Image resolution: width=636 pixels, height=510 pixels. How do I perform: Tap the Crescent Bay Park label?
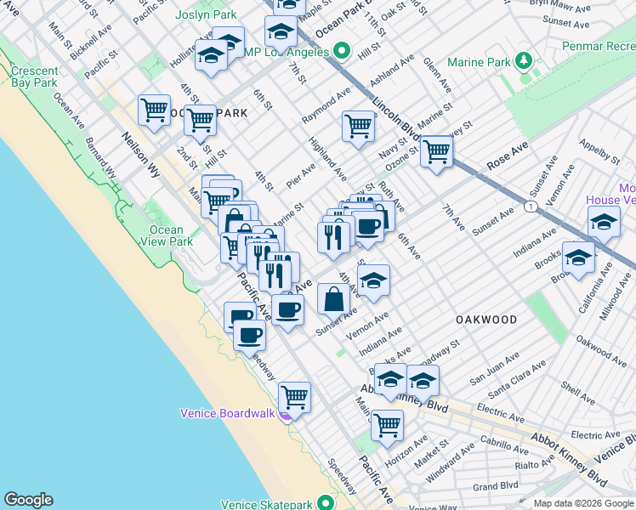coord(35,76)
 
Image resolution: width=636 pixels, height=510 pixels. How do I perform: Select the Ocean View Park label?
coord(171,235)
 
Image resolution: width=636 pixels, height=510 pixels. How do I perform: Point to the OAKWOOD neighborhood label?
coord(486,320)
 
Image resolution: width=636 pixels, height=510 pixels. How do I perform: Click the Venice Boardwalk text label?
coord(227,414)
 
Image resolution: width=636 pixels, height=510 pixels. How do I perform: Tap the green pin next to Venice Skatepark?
coord(324,503)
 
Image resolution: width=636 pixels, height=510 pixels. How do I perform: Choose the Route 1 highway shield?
coord(531,207)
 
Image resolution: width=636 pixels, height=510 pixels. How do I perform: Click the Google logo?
coord(28,500)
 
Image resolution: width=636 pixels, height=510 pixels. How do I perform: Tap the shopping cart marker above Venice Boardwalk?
coord(294,395)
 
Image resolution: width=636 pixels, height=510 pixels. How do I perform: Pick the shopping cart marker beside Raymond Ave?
coord(359,126)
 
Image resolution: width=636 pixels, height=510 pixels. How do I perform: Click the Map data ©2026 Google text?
coord(582,503)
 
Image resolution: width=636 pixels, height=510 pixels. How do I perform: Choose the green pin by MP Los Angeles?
coord(342,51)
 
